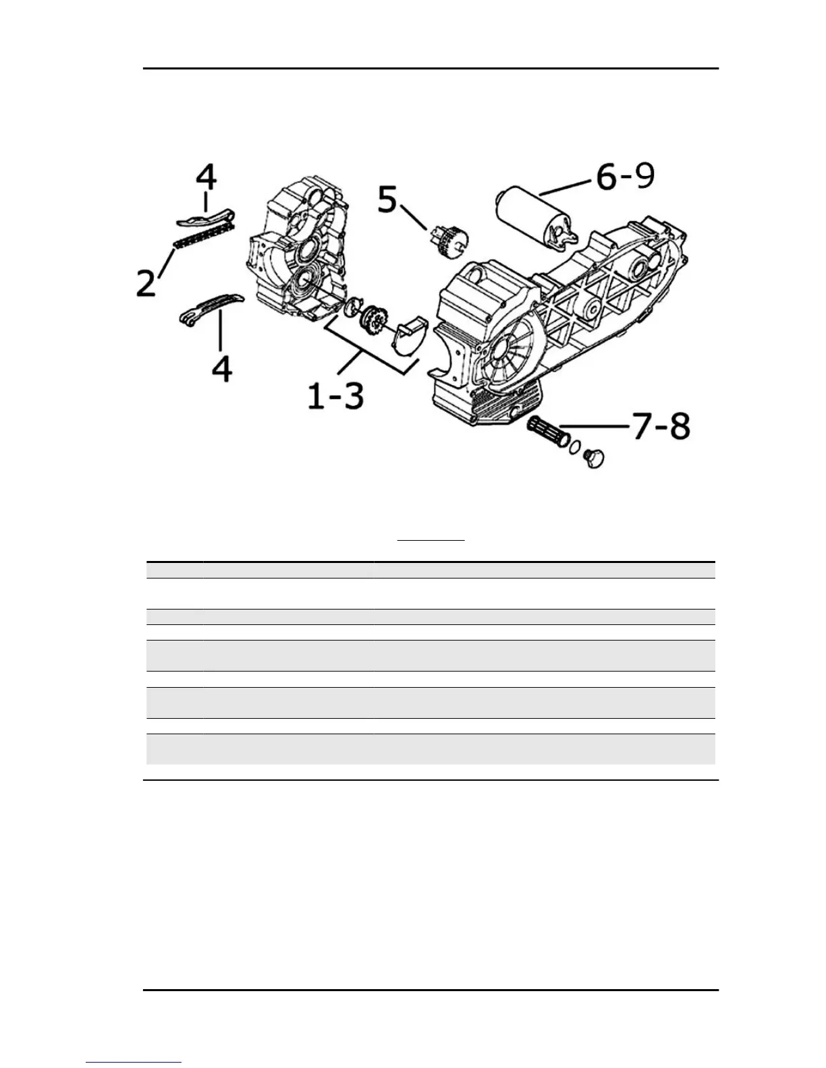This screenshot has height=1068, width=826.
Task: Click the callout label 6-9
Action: tap(625, 178)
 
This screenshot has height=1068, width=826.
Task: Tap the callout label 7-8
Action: tap(661, 427)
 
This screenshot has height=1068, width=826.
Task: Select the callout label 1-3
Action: tap(335, 396)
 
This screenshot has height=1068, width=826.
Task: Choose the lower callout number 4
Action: tap(222, 368)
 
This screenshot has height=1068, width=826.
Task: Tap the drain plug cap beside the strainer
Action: tap(594, 459)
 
